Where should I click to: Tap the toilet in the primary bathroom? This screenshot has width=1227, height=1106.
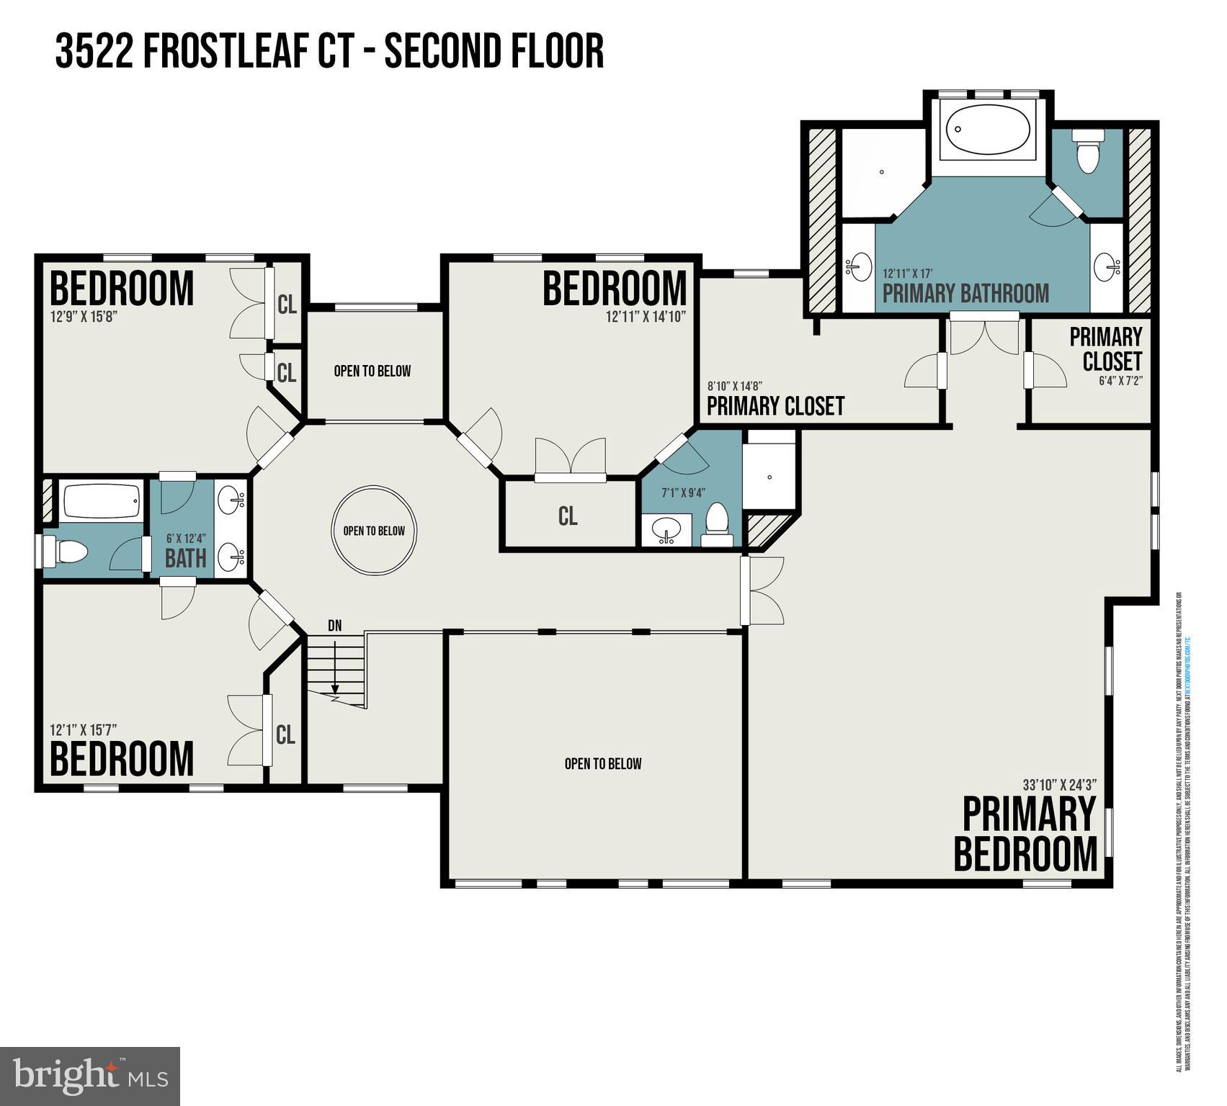click(1086, 152)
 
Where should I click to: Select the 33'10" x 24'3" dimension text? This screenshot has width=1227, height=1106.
click(1058, 785)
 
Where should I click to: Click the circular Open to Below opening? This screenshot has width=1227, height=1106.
click(374, 531)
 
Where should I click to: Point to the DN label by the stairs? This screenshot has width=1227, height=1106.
click(335, 626)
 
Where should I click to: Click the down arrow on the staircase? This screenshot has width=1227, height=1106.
click(335, 680)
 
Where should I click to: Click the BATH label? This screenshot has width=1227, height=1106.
click(186, 558)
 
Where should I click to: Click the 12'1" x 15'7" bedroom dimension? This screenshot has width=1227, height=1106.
click(84, 729)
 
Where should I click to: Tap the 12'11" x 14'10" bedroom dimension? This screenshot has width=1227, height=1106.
click(646, 315)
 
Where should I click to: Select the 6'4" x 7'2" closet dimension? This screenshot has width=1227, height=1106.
click(1120, 381)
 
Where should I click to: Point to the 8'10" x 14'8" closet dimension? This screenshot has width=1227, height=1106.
click(734, 386)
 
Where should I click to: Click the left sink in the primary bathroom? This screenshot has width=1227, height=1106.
click(857, 267)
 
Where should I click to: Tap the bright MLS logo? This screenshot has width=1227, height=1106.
click(90, 1076)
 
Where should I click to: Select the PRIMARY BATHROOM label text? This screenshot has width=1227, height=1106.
click(965, 294)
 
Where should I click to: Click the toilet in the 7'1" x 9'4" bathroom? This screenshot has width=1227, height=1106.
click(716, 526)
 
